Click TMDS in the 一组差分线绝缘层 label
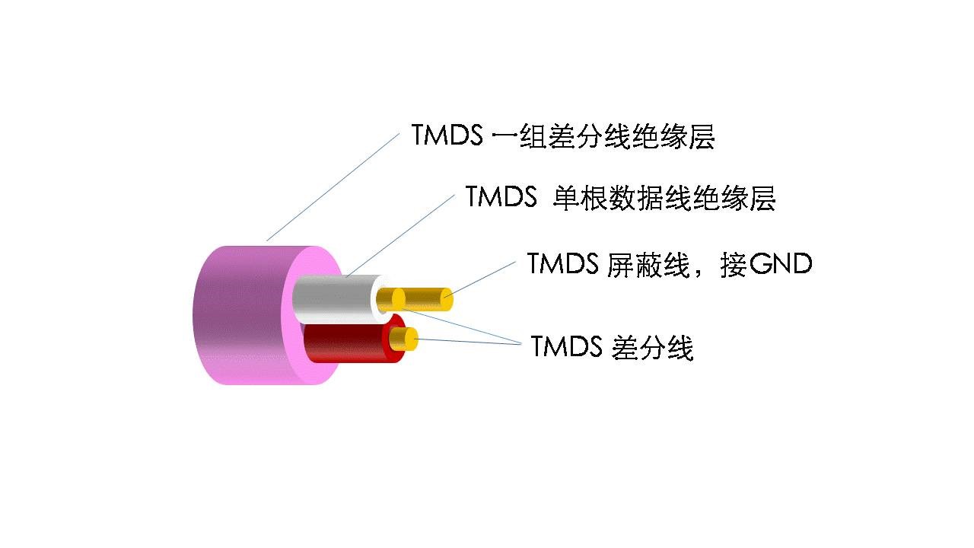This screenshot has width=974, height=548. (447, 135)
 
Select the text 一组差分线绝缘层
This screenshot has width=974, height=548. (603, 136)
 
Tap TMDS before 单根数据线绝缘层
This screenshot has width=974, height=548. (501, 196)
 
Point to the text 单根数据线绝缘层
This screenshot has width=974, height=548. (664, 198)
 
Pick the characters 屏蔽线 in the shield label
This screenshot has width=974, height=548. (648, 264)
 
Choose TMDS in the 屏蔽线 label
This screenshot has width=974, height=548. (562, 263)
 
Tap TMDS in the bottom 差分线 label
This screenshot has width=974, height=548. (566, 346)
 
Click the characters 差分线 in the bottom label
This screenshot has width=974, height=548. (652, 348)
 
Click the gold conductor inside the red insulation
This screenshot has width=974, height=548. (404, 339)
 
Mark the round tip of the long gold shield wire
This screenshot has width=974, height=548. (447, 299)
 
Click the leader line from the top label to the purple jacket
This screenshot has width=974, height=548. (333, 187)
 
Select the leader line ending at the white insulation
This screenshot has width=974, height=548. (400, 235)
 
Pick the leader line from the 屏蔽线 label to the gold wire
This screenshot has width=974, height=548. (479, 279)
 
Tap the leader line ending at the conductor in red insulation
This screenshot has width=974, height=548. (468, 342)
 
